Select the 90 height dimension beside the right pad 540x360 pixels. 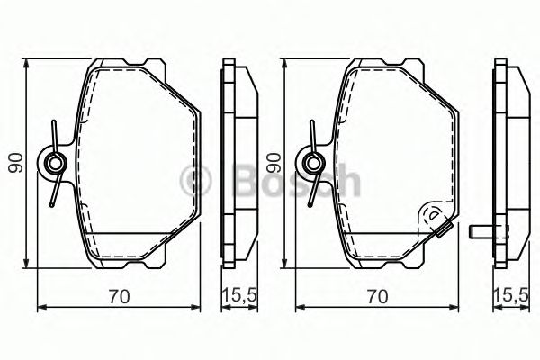coord(274,163)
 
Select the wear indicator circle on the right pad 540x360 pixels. coord(434,216)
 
